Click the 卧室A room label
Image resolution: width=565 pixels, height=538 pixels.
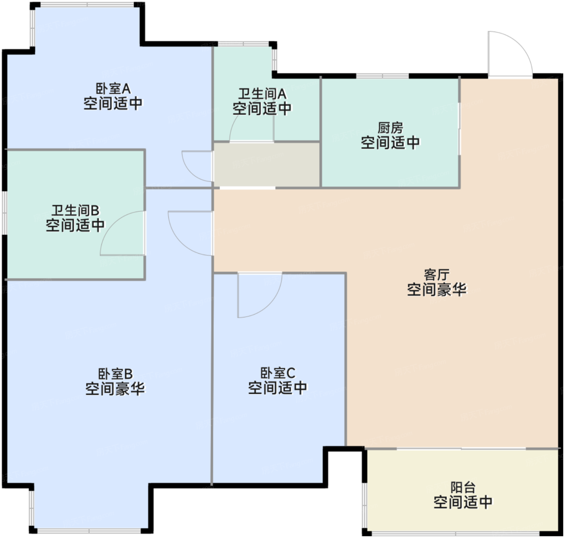click(113, 88)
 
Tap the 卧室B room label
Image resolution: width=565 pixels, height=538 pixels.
click(115, 374)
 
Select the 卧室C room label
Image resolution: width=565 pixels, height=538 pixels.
click(278, 373)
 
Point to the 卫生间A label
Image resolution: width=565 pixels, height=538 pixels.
click(262, 93)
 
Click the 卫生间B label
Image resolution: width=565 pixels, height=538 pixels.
click(75, 210)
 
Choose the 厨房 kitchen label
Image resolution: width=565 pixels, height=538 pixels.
click(390, 128)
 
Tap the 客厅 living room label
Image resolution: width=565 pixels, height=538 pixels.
click(437, 275)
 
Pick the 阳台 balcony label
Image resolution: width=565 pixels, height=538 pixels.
click(462, 488)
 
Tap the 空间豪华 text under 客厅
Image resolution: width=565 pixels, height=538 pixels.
click(437, 290)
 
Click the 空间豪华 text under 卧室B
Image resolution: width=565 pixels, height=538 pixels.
click(115, 389)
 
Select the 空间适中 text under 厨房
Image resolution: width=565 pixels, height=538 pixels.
click(390, 143)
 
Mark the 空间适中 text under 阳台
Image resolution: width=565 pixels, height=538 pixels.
click(462, 502)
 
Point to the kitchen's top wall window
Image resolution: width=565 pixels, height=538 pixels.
click(382, 76)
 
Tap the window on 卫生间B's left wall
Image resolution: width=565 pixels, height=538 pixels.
click(4, 212)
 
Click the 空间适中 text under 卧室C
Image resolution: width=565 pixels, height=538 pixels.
click(278, 388)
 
